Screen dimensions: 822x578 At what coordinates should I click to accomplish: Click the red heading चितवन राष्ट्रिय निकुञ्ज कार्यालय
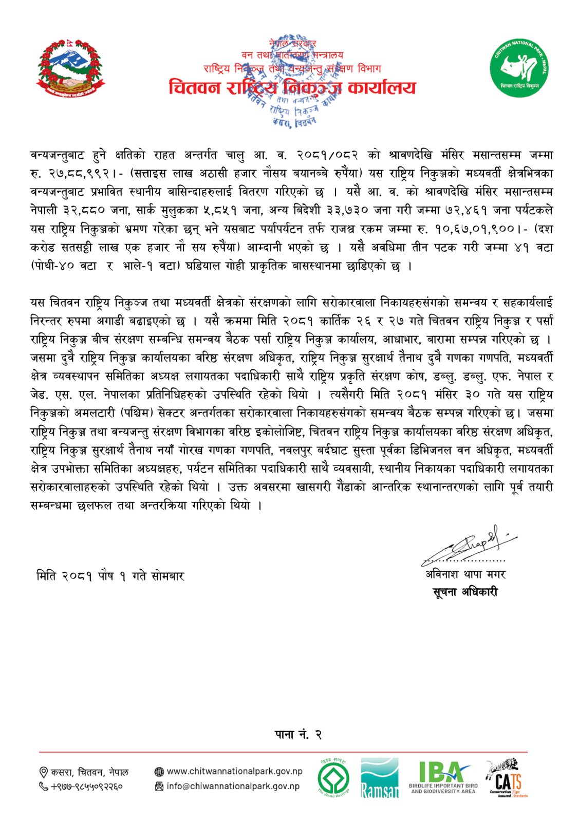(292, 88)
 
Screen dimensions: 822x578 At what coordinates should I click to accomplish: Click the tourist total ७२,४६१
(465, 210)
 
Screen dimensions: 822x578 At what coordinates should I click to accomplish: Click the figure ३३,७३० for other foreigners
(343, 210)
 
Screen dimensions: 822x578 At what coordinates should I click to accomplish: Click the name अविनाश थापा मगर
(465, 574)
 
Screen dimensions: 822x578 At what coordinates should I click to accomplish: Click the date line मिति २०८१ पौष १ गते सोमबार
(110, 576)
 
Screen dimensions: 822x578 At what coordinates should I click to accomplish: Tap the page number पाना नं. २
(298, 735)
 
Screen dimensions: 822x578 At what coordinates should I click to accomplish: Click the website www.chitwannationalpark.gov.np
(234, 771)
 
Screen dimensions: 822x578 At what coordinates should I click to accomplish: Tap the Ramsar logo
(379, 778)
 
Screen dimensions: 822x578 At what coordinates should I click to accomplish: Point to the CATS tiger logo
(506, 778)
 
